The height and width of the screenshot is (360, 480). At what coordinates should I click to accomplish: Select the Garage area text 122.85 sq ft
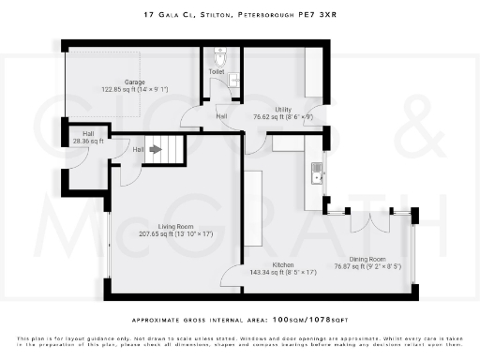(127, 90)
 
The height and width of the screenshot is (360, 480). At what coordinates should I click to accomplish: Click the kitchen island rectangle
(254, 207)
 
